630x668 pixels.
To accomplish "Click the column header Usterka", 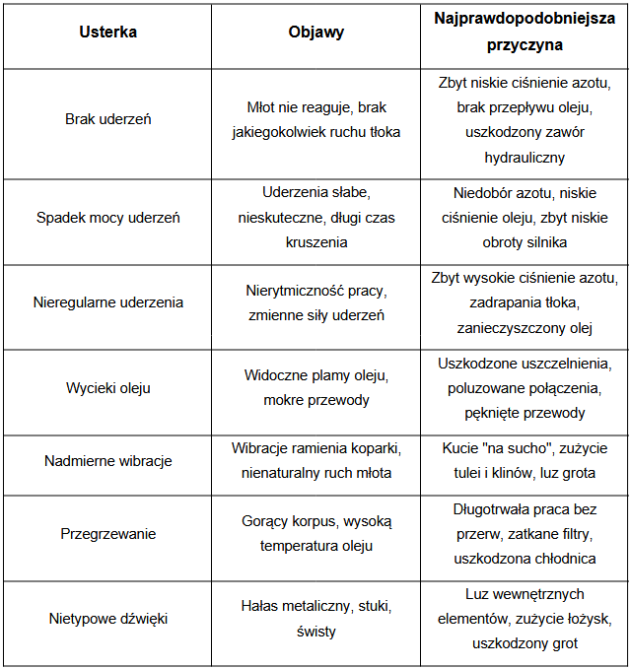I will click(107, 32).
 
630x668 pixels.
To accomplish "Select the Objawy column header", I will click(315, 32).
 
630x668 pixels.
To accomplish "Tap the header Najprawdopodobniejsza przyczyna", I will click(524, 32).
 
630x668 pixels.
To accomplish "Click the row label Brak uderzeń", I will click(107, 119).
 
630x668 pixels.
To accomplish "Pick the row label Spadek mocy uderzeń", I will click(107, 217).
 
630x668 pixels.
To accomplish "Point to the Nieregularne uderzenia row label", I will click(107, 302).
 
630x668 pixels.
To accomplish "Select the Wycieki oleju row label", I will click(107, 388).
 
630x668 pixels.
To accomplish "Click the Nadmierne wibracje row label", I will click(107, 461).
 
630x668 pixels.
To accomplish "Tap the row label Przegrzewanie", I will click(107, 534).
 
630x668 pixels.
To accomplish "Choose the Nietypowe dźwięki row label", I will click(107, 620).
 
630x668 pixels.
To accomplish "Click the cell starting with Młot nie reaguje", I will click(315, 119).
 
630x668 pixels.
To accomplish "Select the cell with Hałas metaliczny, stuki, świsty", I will click(315, 620).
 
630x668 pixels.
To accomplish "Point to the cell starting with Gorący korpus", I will click(315, 534).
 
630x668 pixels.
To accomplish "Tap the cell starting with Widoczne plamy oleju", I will click(315, 388).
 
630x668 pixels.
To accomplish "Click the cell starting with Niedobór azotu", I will click(524, 217).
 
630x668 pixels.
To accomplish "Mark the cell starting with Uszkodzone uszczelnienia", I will click(524, 388).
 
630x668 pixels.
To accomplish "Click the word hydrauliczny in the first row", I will click(524, 157).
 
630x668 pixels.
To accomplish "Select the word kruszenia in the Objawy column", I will click(315, 241).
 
